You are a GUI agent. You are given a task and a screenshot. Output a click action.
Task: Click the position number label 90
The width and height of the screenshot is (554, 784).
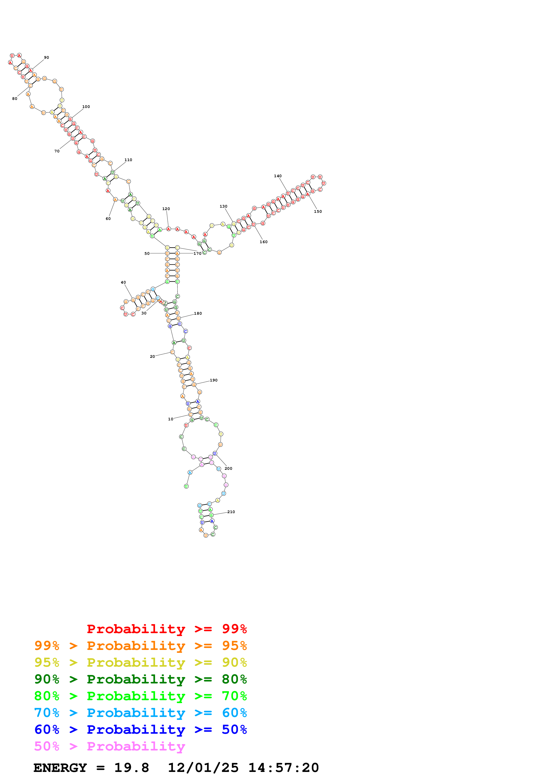46,58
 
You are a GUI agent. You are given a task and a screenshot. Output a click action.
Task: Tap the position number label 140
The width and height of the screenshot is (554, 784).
278,176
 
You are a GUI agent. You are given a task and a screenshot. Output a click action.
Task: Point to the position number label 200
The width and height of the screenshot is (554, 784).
228,468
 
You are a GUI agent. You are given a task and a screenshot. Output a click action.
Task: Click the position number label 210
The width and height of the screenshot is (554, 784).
231,512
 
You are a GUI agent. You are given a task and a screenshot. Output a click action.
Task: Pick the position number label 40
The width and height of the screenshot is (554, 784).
123,282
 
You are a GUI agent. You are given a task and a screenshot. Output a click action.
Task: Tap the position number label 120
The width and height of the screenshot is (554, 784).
166,209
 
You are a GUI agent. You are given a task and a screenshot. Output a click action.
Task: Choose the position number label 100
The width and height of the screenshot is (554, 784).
86,107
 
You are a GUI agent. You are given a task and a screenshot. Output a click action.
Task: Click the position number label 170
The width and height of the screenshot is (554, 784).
197,254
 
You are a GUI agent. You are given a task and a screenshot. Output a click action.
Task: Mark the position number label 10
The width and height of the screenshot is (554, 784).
170,419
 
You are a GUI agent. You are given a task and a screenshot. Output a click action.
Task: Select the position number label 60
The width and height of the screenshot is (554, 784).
108,219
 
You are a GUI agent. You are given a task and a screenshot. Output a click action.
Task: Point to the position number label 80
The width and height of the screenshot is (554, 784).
15,99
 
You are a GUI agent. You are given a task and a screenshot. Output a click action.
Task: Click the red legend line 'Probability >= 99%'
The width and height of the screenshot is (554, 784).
166,629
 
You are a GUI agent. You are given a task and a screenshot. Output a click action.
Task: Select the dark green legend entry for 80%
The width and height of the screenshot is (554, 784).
140,679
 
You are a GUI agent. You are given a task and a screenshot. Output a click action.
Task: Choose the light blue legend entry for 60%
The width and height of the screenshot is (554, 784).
140,713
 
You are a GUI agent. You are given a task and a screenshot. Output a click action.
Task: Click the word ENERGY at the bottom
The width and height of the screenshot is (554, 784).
60,768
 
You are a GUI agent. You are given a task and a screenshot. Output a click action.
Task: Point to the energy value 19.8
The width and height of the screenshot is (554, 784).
131,768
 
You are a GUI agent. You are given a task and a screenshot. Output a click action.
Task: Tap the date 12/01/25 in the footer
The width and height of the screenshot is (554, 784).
203,768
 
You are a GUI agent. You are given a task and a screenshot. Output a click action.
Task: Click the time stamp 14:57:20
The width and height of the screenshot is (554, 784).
283,768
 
